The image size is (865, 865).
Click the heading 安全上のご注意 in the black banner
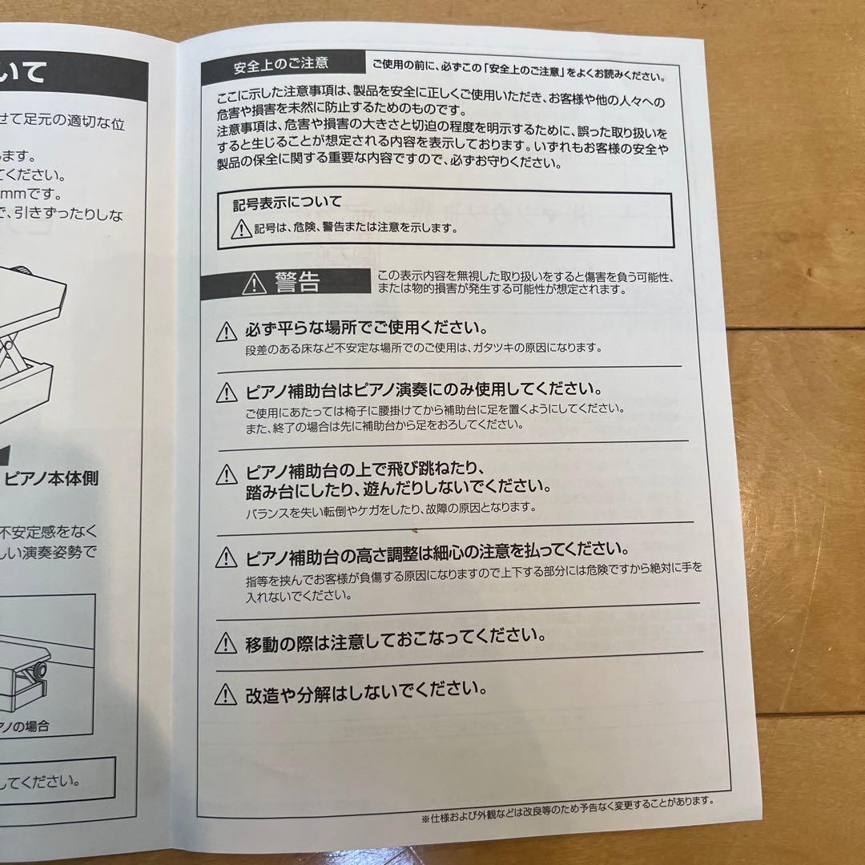(280, 64)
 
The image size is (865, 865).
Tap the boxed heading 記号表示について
(288, 203)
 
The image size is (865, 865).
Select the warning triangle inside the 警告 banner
(255, 283)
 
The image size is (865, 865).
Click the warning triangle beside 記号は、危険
(241, 230)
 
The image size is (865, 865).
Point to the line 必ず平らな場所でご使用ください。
(367, 329)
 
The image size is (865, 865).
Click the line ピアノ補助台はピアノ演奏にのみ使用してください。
(424, 390)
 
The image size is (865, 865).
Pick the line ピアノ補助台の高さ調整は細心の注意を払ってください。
(437, 552)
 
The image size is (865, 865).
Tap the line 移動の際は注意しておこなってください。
(396, 638)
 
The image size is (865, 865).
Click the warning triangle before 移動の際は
(227, 642)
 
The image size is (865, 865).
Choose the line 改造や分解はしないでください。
(366, 690)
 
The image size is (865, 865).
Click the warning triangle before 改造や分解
(227, 694)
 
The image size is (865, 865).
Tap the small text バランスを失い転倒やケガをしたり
(390, 509)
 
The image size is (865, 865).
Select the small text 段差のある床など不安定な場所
(423, 348)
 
